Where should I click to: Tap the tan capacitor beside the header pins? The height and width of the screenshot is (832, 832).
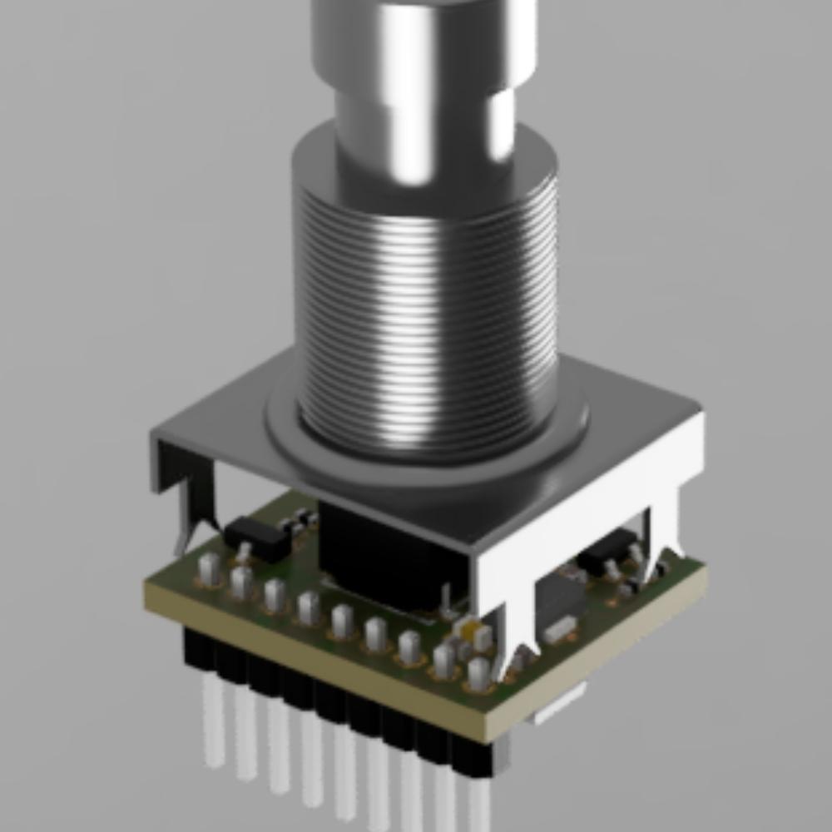coord(477,635)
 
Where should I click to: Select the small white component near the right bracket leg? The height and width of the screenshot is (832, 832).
coord(561,628)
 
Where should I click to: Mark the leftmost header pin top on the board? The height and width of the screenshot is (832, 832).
coord(209,569)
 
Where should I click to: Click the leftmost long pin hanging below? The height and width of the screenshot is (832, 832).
coord(213,724)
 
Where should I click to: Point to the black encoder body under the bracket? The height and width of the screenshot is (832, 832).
coord(374,549)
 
